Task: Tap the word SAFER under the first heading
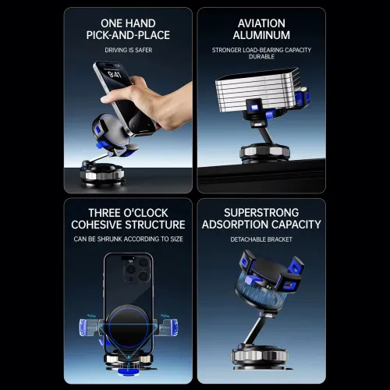tap(144, 50)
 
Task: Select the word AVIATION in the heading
tap(261, 23)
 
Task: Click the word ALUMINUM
tap(261, 35)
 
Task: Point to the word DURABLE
tap(261, 56)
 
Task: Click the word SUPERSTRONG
tap(261, 213)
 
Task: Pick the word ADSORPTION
tap(231, 225)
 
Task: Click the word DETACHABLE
tap(247, 239)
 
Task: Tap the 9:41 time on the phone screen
tap(115, 75)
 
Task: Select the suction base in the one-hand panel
tap(102, 174)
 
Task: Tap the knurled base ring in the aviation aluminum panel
tap(265, 152)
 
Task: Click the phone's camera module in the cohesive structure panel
tap(136, 270)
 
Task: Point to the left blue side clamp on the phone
tap(88, 328)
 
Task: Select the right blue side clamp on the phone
tap(169, 328)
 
